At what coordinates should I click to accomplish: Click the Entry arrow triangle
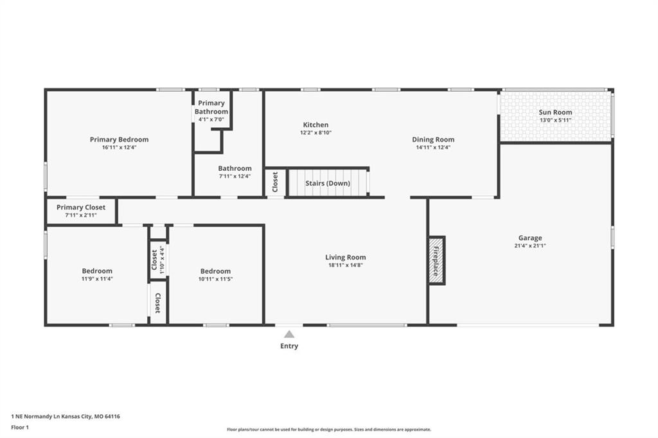pos(289,334)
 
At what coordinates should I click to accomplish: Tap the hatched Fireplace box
pos(436,261)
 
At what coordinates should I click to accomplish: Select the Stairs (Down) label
pos(327,183)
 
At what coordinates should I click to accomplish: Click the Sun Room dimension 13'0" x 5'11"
pos(555,120)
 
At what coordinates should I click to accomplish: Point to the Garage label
pos(530,238)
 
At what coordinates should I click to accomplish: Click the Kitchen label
pos(316,125)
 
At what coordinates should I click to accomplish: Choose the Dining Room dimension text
pos(433,147)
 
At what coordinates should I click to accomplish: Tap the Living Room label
pos(345,257)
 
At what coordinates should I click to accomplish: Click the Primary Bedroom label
pos(119,139)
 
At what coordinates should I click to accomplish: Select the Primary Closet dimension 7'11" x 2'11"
pos(81,215)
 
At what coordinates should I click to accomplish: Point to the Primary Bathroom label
pos(211,107)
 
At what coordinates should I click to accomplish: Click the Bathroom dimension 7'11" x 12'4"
pos(235,176)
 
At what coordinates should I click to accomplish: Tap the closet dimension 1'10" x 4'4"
pos(162,260)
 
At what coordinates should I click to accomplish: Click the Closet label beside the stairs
pos(275,182)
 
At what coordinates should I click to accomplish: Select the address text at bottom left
pos(66,417)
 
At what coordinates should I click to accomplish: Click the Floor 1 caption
pos(20,428)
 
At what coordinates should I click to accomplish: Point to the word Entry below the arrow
pos(289,346)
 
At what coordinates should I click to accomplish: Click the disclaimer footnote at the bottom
pos(329,430)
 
